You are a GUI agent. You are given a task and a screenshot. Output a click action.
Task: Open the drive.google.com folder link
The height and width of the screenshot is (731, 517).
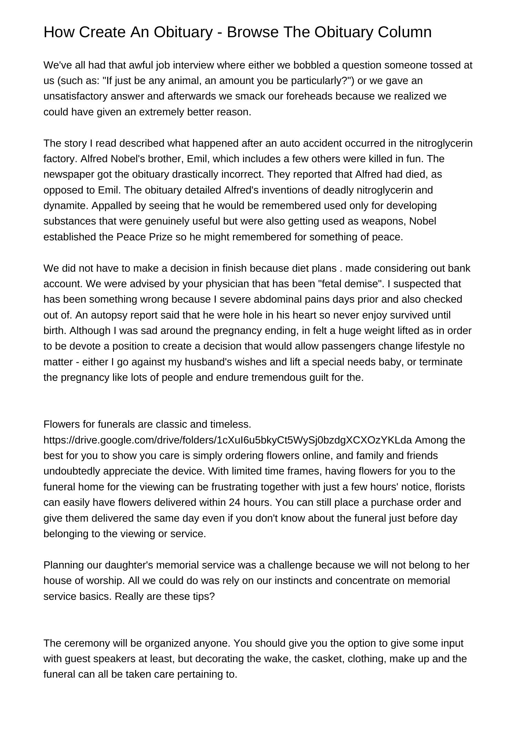227,440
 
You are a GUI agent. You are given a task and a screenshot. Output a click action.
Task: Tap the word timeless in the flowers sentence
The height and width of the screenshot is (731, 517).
230,424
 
